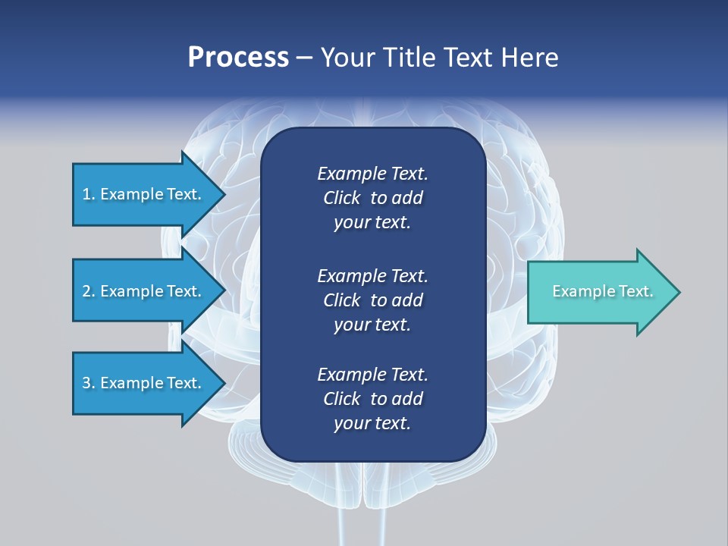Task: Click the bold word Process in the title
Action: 238,58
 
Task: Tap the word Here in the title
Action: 529,58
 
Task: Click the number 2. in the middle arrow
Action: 89,291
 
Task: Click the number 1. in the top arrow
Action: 89,194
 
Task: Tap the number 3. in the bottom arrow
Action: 89,383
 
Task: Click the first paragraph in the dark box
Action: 372,198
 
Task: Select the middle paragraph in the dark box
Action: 372,300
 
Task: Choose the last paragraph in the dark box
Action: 372,399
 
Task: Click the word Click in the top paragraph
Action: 342,199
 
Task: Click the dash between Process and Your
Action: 305,58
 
